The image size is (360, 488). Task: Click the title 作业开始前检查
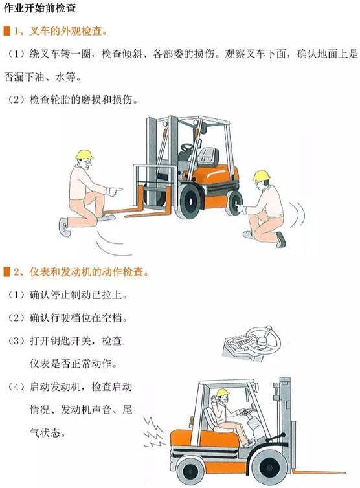pos(39,8)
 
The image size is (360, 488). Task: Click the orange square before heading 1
pos(6,31)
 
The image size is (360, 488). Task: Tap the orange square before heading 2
pos(6,272)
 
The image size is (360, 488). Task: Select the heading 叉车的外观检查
pos(65,31)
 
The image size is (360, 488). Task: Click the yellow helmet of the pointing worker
pos(84,155)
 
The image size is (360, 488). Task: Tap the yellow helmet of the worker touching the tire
pos(262,175)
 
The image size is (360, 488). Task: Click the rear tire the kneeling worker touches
pos(234,203)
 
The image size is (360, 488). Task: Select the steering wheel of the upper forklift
pos(188,147)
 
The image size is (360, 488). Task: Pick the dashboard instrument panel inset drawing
pos(252,343)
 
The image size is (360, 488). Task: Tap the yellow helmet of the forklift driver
pos(223,393)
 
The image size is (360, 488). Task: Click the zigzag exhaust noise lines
pos(153,432)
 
